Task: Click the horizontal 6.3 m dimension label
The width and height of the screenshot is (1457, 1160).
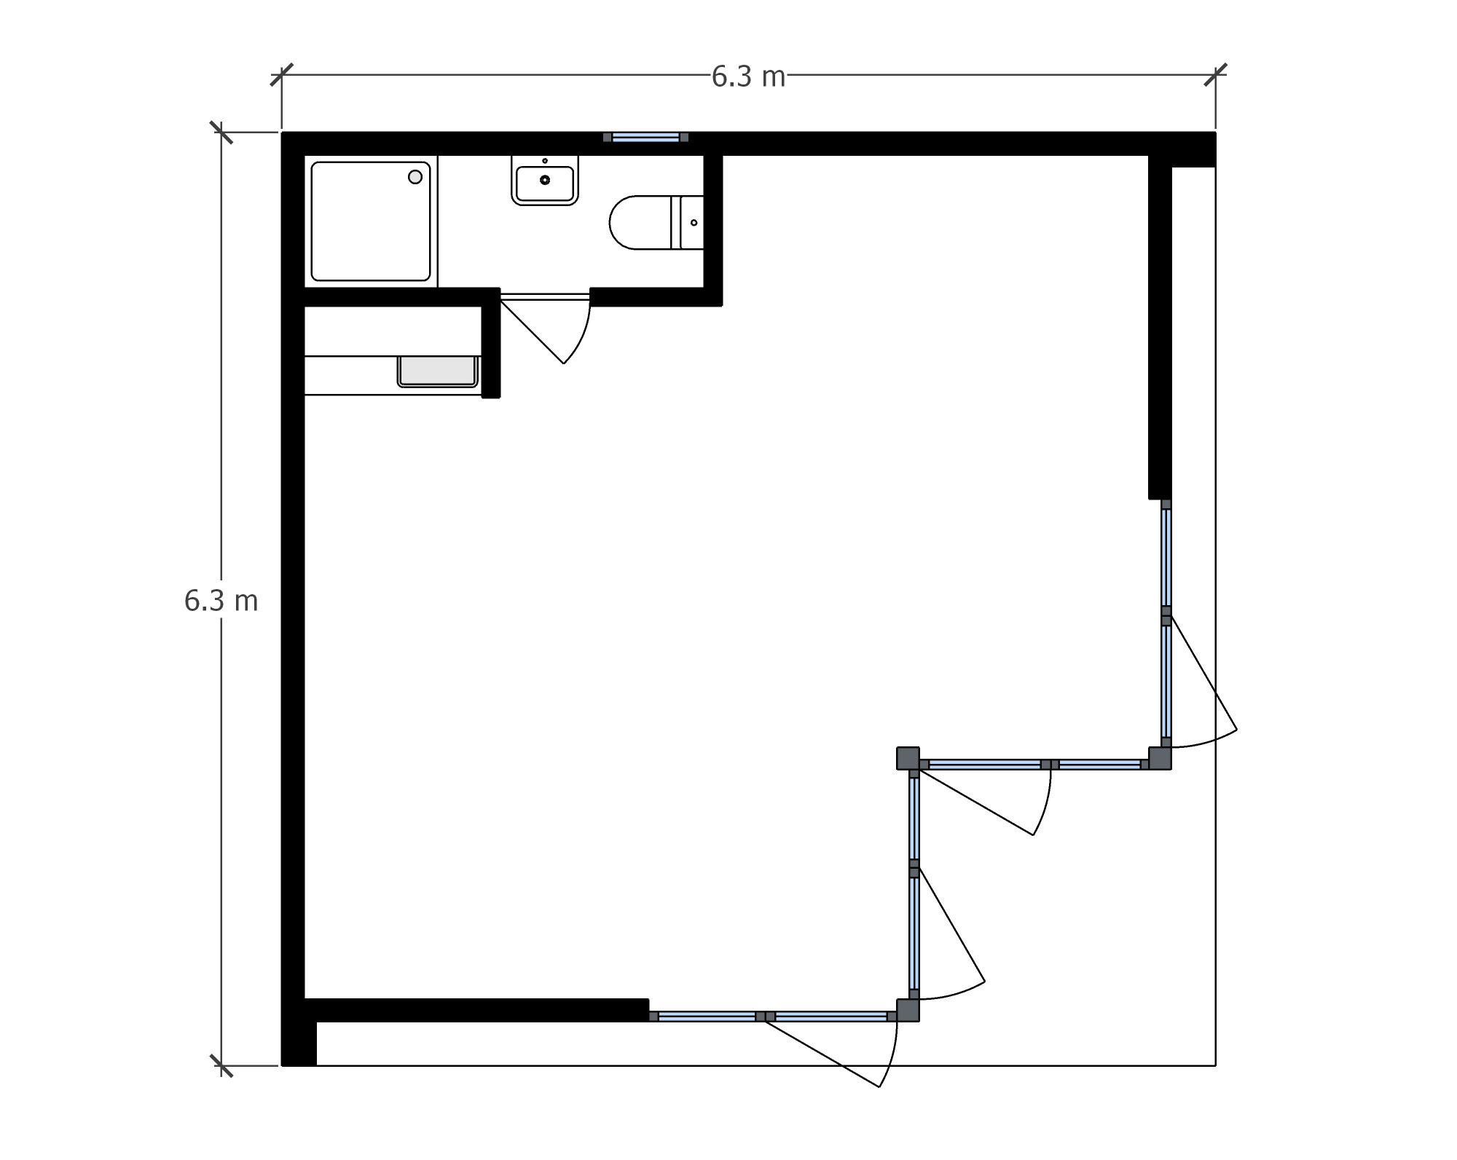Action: (x=748, y=76)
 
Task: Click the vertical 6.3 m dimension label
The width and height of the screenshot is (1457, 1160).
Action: (x=221, y=601)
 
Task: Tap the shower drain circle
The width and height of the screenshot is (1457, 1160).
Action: (x=415, y=176)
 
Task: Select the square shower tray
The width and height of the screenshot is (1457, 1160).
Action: (x=371, y=221)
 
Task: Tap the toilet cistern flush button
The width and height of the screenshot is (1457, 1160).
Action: (x=694, y=222)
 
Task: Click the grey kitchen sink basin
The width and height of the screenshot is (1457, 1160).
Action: (x=437, y=371)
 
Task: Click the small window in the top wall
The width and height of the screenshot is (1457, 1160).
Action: (x=646, y=137)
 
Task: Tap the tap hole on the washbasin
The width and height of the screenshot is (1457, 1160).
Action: (x=545, y=160)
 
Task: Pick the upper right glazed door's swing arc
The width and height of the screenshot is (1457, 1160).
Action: (x=1209, y=741)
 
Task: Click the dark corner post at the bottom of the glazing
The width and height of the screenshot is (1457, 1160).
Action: (x=908, y=1011)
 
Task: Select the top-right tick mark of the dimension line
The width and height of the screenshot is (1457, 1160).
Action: (x=1215, y=74)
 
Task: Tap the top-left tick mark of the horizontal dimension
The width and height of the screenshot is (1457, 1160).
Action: (x=282, y=74)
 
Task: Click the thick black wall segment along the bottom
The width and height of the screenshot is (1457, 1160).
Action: (x=476, y=1010)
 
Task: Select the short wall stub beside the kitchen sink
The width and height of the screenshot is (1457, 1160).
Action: (x=492, y=343)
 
